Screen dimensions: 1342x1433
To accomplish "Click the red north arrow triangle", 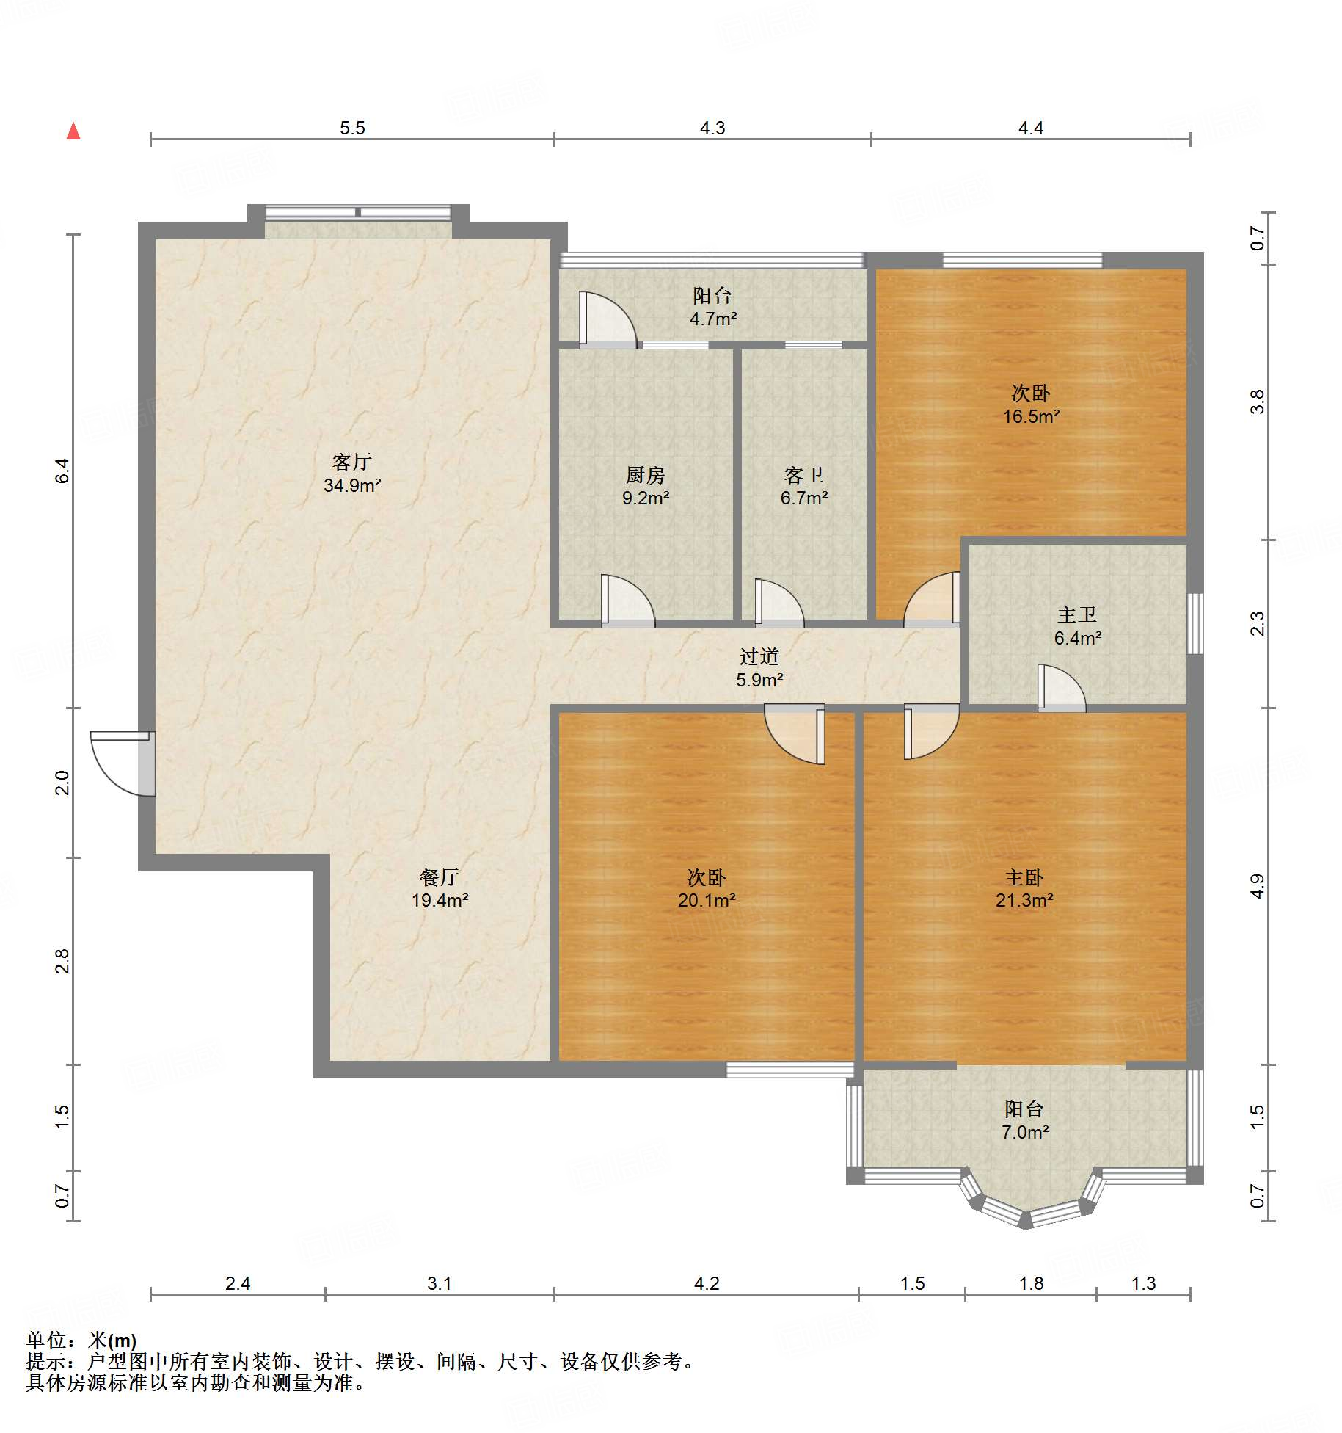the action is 73,131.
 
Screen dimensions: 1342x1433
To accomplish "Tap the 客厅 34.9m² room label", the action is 352,474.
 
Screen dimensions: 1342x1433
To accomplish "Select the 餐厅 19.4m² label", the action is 440,888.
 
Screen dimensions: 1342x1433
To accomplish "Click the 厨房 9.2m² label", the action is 646,486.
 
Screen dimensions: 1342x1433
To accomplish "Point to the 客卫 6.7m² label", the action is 804,486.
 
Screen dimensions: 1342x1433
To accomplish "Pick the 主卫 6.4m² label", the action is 1078,626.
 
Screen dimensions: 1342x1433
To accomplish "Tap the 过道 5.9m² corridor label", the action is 759,668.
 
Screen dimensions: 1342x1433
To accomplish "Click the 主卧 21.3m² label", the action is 1024,888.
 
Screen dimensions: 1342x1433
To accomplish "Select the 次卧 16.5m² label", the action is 1031,404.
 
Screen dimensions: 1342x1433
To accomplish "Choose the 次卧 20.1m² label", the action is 707,888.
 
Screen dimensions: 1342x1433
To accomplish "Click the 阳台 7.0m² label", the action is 1024,1120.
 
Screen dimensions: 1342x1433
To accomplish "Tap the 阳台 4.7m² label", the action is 712,307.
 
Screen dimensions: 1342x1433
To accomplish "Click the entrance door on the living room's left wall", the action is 123,763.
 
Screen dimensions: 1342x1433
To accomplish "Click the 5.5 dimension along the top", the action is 352,128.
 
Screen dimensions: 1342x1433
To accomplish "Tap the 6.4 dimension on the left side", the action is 62,471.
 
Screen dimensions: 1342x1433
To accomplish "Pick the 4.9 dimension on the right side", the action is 1258,886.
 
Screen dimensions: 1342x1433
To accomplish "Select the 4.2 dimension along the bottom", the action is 707,1284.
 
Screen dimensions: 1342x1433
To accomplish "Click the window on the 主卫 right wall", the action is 1195,623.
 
